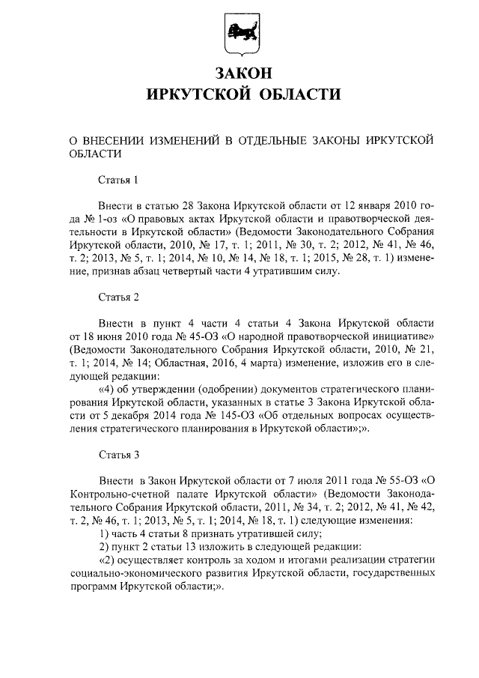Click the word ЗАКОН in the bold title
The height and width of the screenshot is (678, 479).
point(239,73)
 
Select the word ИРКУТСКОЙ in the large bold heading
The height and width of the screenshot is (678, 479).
point(197,94)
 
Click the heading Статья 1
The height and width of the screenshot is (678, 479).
point(119,179)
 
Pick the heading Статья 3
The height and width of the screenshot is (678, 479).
point(119,454)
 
